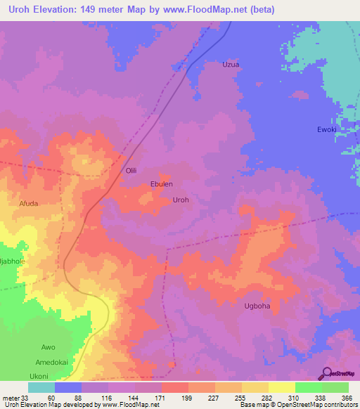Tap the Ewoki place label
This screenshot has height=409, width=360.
pos(327,130)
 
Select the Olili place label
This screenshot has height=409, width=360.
pos(132,171)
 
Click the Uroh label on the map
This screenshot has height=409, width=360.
pos(181,200)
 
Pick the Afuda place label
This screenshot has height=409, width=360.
pos(28,204)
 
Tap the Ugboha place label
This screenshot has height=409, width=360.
pos(257,306)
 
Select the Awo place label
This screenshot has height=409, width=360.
pos(48,347)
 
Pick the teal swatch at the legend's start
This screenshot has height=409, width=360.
pos(41,387)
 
